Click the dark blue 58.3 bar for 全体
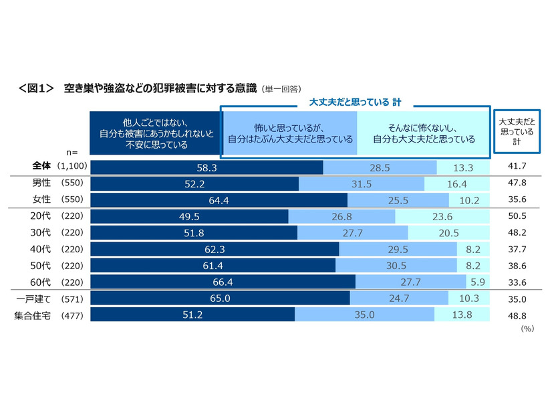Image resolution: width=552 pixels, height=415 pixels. [206, 167]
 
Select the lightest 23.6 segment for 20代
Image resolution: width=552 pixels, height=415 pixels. [443, 216]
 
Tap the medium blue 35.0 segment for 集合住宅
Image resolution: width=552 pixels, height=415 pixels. [364, 314]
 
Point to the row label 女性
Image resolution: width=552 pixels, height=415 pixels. [42, 199]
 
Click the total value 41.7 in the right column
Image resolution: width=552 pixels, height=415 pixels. [516, 167]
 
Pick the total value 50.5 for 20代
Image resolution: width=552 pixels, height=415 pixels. [516, 216]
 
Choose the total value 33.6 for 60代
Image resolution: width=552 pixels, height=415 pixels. [516, 281]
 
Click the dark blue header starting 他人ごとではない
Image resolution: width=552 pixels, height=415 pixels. [154, 132]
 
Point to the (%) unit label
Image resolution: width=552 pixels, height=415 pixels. [528, 329]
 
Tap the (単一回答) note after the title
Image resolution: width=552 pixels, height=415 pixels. [281, 88]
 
